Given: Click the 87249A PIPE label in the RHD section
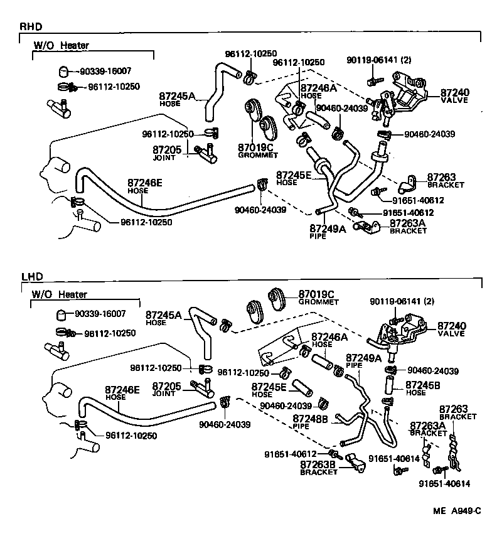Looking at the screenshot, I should click(x=326, y=232).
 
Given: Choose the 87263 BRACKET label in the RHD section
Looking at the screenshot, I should click(x=445, y=181).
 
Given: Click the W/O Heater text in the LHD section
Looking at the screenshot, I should click(x=60, y=294).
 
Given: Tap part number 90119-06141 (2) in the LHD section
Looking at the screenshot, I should click(x=402, y=302).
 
